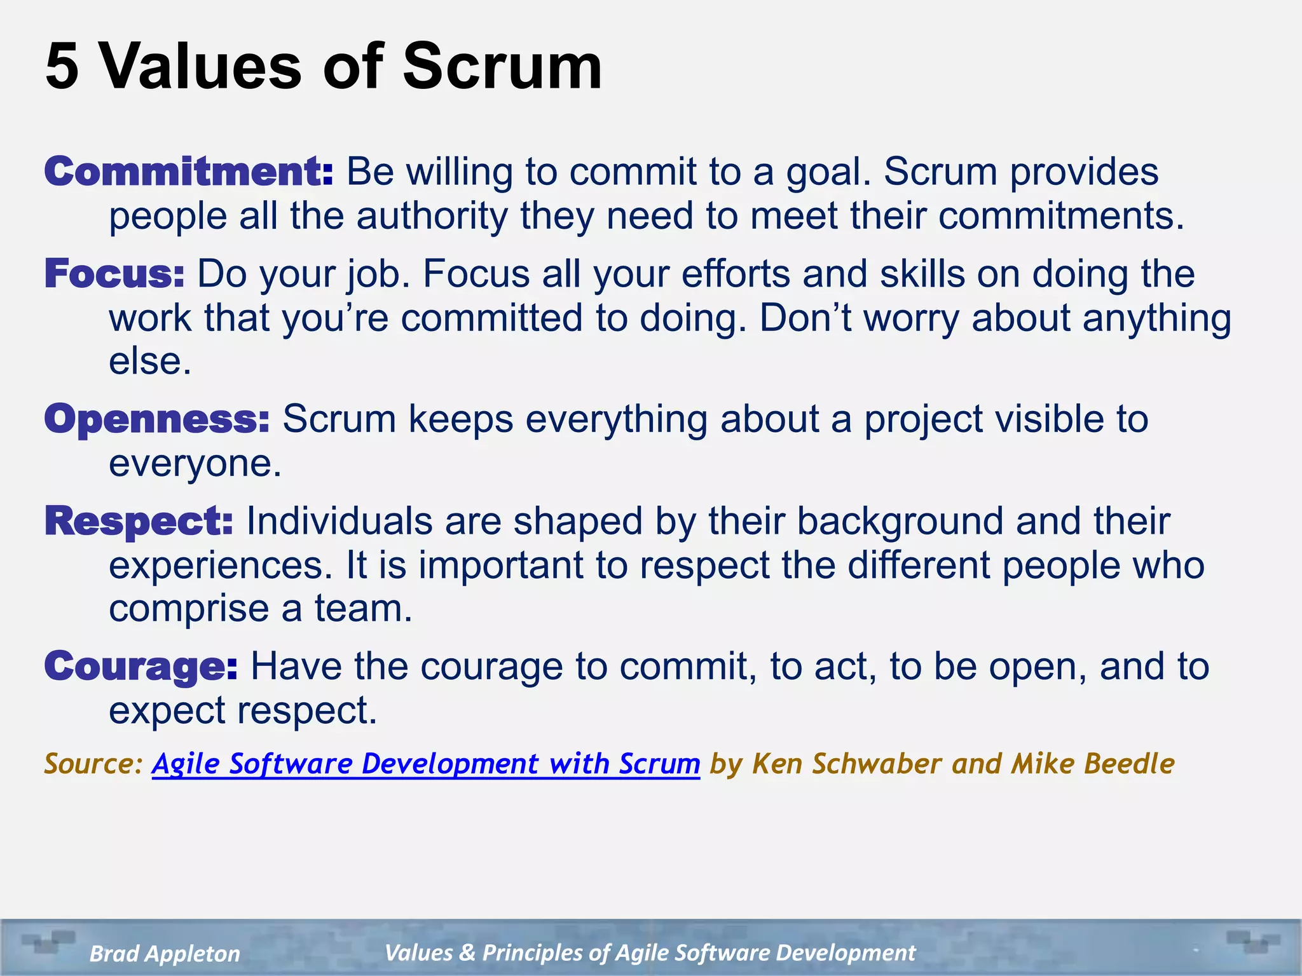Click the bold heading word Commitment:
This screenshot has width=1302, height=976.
coord(188,172)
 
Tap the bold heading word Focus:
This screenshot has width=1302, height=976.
coord(114,274)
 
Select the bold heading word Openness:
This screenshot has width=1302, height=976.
coord(157,419)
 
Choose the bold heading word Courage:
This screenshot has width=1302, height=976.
coord(141,667)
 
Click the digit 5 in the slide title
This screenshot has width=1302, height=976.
coord(62,67)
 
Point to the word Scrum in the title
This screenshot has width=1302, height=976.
coord(502,67)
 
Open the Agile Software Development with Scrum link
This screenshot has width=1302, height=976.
coord(425,764)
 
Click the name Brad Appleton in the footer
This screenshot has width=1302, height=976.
coord(165,953)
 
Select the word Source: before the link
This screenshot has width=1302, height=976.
coord(94,764)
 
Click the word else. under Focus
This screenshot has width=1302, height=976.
coord(150,362)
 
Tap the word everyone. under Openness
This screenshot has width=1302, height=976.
coord(195,464)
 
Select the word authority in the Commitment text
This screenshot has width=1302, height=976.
coord(432,217)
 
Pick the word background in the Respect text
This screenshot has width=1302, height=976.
coord(900,522)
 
